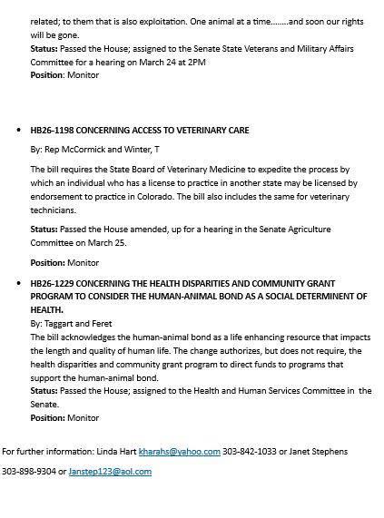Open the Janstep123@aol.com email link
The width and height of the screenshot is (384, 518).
tap(110, 472)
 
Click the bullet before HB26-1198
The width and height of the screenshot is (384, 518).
tap(19, 131)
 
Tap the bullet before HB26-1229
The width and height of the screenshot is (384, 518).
tap(19, 284)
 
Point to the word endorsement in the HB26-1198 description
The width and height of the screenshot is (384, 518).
tap(56, 195)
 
